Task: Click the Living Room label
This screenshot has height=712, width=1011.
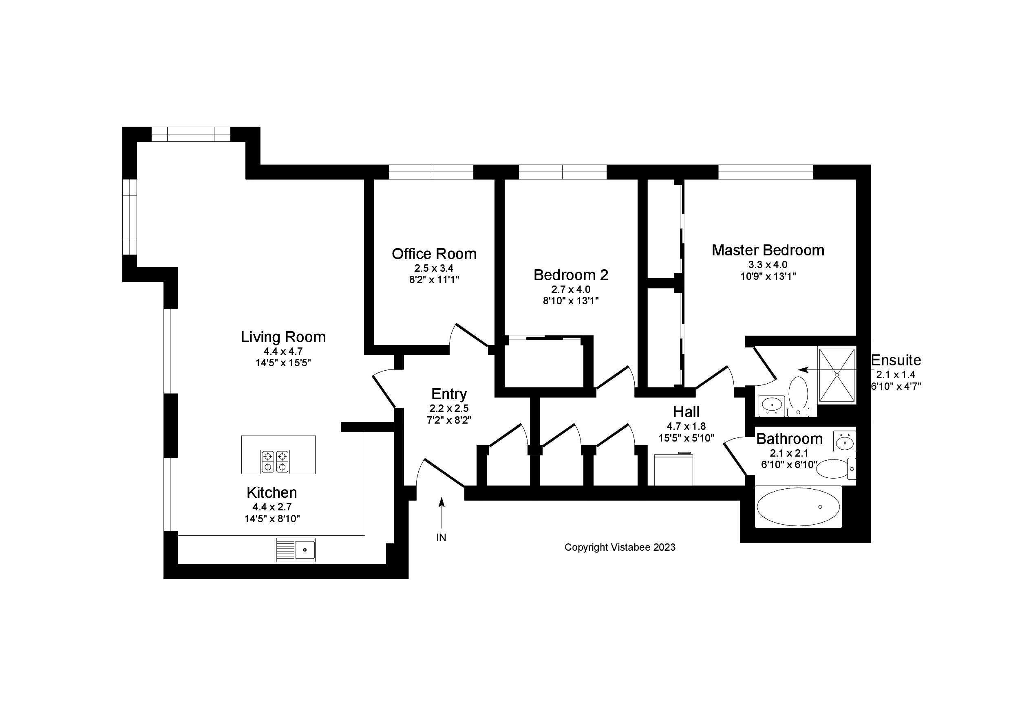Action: [x=283, y=337]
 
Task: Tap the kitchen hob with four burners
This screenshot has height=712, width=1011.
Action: [x=275, y=461]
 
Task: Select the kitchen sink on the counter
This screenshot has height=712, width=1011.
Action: [x=296, y=549]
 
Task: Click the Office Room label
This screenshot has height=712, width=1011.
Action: [x=434, y=254]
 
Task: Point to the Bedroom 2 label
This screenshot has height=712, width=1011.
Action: [x=571, y=275]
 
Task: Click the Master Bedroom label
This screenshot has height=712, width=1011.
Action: [x=768, y=251]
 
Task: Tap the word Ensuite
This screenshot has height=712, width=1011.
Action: [x=896, y=360]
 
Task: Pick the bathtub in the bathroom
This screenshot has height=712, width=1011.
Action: [x=798, y=506]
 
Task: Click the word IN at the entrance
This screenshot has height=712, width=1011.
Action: [x=441, y=537]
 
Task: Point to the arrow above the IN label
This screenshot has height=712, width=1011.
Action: [x=441, y=513]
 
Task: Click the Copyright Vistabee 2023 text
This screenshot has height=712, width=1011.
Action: [x=620, y=547]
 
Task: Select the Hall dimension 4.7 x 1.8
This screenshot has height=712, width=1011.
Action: [x=686, y=426]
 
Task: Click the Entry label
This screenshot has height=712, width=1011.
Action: [x=449, y=394]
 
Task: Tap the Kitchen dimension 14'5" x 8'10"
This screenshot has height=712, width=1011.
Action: [x=272, y=519]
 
